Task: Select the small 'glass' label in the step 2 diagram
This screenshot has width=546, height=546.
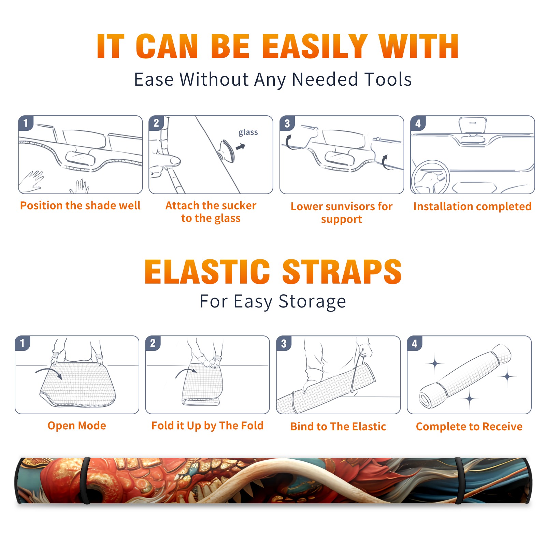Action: [x=248, y=132]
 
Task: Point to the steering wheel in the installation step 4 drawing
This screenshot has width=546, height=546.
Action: [x=430, y=177]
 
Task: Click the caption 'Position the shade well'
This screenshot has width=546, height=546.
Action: [x=80, y=205]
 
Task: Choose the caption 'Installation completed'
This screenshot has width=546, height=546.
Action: [x=472, y=206]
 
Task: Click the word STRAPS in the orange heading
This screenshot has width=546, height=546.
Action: [x=342, y=272]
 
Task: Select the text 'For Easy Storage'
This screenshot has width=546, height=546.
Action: [x=273, y=302]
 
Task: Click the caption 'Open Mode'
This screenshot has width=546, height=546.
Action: [x=77, y=426]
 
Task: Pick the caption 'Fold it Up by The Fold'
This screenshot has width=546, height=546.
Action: [x=207, y=426]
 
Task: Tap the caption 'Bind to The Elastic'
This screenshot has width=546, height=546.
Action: [x=338, y=426]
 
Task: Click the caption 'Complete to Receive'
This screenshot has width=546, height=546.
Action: [x=469, y=427]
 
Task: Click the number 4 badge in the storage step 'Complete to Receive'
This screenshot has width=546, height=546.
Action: [x=415, y=343]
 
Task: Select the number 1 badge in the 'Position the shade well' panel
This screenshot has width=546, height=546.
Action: [x=26, y=123]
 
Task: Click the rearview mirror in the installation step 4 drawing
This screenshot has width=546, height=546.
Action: [x=473, y=125]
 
